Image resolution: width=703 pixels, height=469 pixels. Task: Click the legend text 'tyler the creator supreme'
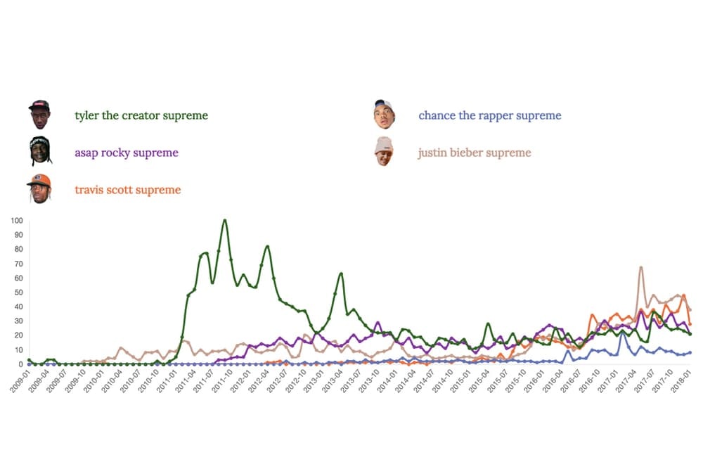141,115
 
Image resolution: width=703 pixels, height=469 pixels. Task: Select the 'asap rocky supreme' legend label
127,153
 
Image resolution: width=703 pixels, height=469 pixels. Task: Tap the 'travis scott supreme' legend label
127,190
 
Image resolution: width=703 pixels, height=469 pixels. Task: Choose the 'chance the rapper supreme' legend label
490,115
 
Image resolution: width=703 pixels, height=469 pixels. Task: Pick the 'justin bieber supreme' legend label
475,153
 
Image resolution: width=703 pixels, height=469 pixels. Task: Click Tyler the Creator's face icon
39,114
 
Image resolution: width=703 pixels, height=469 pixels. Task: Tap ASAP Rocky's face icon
39,150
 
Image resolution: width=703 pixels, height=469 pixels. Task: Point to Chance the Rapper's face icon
384,114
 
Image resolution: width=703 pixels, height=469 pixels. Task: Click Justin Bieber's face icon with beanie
384,150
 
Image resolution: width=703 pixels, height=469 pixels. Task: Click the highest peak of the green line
224,220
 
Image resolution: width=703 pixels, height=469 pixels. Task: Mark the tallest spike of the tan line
640,267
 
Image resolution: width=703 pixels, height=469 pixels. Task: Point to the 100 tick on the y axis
17,220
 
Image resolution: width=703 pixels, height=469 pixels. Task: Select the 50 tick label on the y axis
19,293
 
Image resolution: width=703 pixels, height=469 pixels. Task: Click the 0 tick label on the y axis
21,364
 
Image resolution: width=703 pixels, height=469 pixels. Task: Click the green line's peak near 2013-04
341,274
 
